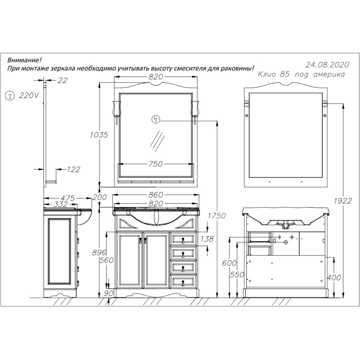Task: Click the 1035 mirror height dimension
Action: (99, 135)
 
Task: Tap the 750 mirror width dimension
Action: (156, 164)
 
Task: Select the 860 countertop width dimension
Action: (156, 195)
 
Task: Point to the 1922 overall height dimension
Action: (343, 201)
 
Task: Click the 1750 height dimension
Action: (217, 216)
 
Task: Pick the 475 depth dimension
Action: (68, 198)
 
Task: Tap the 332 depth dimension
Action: (60, 204)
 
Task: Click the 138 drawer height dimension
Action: (207, 239)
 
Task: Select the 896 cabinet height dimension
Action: (99, 252)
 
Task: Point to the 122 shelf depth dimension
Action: (73, 170)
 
